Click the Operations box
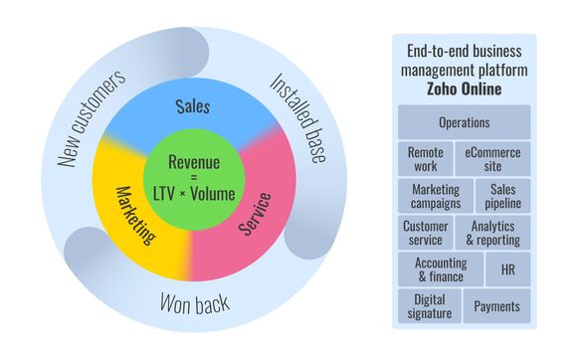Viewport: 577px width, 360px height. coord(464,122)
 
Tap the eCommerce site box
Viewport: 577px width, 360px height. coord(492,159)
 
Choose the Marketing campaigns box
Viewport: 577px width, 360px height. coord(436,196)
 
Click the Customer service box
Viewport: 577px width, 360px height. coord(425,233)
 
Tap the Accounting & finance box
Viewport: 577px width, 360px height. coord(441,270)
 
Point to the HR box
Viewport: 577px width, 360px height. coord(508,270)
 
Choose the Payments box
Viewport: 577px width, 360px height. coord(497,306)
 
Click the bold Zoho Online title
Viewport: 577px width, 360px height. coord(464,90)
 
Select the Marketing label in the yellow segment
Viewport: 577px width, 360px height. coord(135,215)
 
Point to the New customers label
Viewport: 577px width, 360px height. coord(93,118)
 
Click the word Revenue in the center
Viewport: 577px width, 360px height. coord(194,162)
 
